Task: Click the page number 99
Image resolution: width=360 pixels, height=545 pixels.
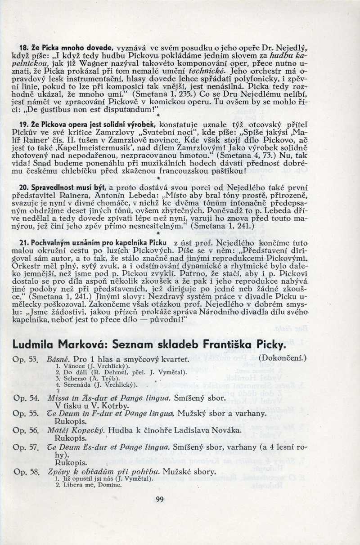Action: click(x=160, y=499)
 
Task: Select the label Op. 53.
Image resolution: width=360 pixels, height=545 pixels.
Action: click(x=26, y=360)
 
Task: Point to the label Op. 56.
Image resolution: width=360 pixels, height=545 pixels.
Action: click(x=26, y=430)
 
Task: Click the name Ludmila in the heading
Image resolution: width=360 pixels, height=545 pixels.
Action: click(x=35, y=345)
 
